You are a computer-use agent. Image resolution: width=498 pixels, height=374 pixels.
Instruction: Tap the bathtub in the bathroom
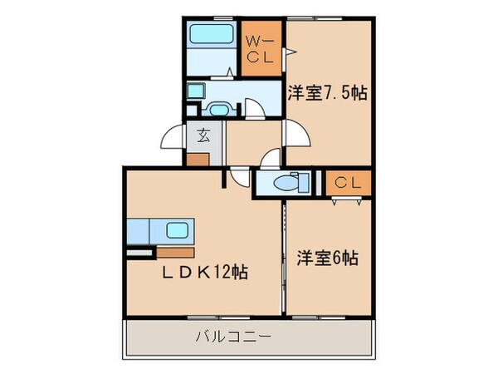coord(212,36)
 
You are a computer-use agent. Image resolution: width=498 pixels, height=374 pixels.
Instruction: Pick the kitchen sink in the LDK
coord(178,230)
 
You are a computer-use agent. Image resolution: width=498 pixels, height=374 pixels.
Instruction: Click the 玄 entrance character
coord(203,132)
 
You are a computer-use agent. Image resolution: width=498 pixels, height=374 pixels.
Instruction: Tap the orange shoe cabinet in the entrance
coord(198,158)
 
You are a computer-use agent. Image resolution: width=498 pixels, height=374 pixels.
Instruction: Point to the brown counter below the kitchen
coord(173,252)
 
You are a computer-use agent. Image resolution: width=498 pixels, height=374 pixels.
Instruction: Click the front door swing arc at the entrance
coord(173,136)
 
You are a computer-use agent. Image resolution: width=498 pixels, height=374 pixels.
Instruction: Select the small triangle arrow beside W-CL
coord(290,55)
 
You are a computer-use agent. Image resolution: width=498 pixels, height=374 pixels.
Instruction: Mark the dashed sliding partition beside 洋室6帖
coord(283,249)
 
